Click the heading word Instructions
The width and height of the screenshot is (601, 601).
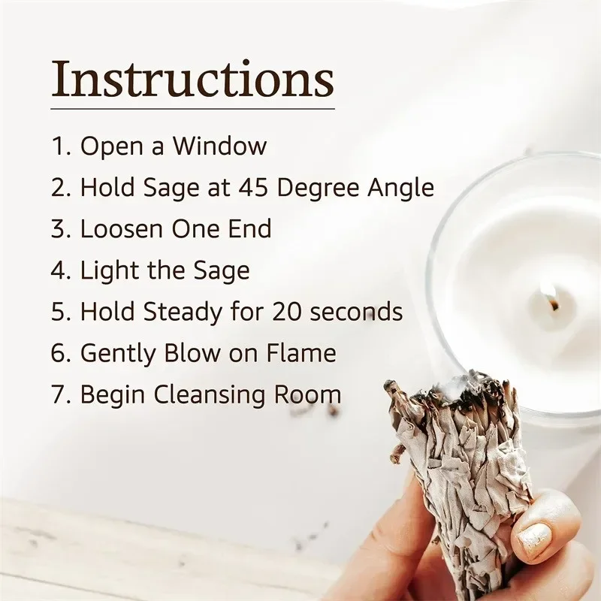click(192, 79)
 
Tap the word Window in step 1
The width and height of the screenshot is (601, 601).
click(219, 146)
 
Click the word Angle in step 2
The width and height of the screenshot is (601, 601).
click(401, 189)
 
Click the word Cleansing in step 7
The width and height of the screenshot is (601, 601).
click(210, 396)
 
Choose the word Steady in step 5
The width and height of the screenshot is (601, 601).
click(183, 313)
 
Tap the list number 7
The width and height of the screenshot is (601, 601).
click(59, 394)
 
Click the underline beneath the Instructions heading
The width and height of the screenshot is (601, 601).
click(193, 109)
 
